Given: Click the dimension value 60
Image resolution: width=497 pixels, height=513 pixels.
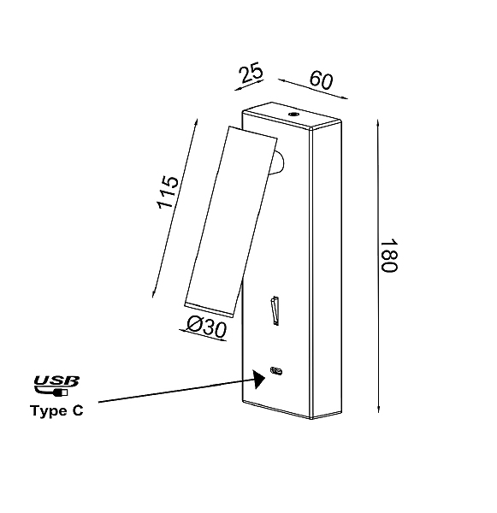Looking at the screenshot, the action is point(321,80).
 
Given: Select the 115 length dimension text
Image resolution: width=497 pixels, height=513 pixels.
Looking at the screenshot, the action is point(168,192).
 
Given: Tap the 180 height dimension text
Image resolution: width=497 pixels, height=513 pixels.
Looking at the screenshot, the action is point(389,256).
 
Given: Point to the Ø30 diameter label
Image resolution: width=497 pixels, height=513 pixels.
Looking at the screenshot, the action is point(207,327).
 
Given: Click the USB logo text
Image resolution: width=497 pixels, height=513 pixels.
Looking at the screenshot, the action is point(56,380).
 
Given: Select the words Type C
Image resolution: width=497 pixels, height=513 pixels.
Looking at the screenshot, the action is point(56,410).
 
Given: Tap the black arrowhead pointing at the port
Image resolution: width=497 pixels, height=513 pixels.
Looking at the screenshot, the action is point(258,379).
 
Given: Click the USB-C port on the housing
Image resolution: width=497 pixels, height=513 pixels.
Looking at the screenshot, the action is point(276,371).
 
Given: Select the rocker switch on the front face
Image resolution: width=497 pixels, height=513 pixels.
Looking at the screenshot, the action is point(275,311).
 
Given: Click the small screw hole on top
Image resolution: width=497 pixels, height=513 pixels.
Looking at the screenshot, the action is point(293,115).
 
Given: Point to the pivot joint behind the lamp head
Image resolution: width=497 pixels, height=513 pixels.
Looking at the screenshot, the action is point(278,162).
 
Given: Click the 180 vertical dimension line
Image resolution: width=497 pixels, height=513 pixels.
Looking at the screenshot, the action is point(378,266).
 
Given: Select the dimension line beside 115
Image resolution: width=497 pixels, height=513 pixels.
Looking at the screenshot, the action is point(175,208).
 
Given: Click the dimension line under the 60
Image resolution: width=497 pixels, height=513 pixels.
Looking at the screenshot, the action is point(313,89).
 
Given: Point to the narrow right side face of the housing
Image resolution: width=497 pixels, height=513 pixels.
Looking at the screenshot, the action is point(327,271).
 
